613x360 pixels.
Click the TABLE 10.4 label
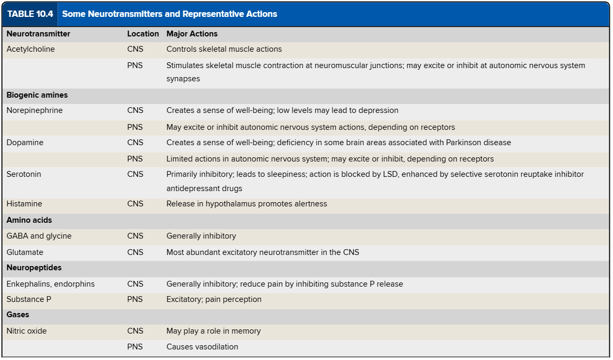click(30, 14)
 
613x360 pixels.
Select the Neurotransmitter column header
click(38, 34)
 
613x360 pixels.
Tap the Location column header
click(143, 34)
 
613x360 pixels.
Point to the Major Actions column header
click(192, 34)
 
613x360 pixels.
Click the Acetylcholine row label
click(31, 49)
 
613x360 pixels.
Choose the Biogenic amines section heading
click(37, 96)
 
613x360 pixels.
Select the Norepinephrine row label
click(34, 110)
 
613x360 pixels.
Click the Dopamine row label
click(25, 143)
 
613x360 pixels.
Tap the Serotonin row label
click(24, 174)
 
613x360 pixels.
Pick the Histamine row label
click(24, 204)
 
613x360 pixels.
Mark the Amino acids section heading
click(29, 220)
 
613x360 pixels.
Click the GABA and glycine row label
click(39, 236)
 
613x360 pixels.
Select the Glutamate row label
click(25, 252)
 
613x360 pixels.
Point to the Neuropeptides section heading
click(34, 268)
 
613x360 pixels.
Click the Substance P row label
click(29, 299)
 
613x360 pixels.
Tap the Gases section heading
click(18, 315)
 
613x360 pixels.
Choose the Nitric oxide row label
click(26, 331)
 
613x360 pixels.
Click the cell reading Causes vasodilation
click(202, 347)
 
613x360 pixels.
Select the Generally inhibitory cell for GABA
click(201, 236)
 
